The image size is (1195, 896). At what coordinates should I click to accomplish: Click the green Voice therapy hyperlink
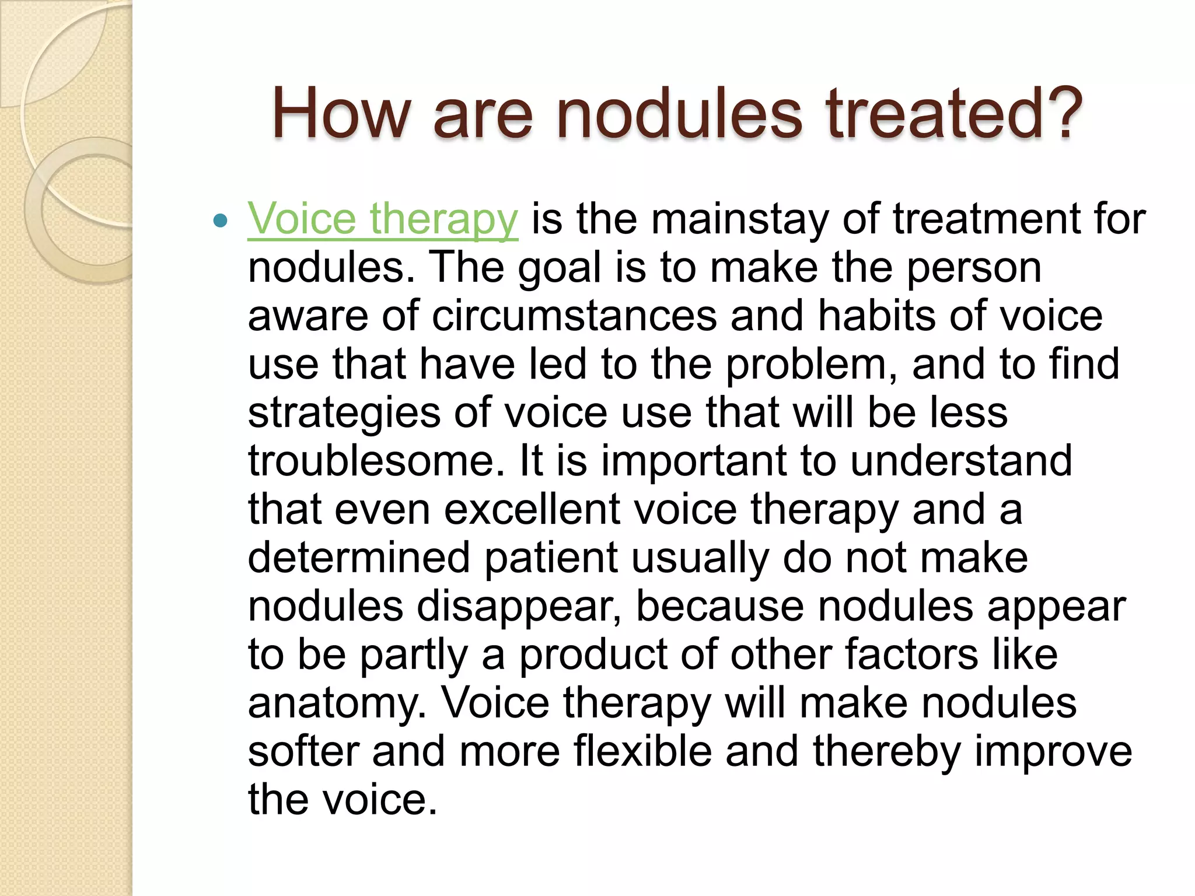[382, 219]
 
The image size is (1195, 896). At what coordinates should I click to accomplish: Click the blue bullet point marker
[220, 220]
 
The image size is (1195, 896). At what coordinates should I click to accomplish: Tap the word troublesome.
[376, 461]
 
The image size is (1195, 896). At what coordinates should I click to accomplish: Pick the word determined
[359, 558]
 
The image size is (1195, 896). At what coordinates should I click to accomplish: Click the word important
[694, 461]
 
